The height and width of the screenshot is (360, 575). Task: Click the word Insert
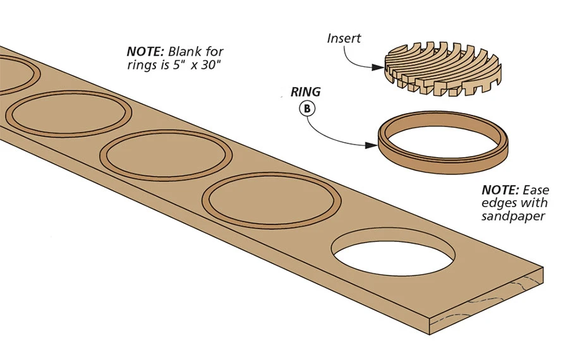coord(344,38)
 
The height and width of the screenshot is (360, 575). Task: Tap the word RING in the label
coord(305,92)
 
